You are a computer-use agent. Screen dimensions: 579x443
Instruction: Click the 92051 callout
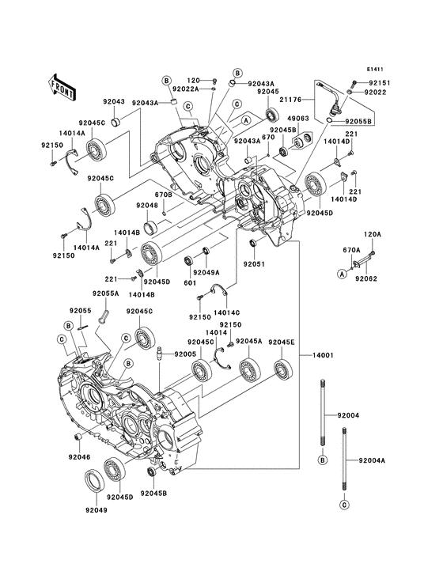[x=253, y=264]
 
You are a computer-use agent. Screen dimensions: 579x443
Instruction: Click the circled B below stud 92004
[x=323, y=460]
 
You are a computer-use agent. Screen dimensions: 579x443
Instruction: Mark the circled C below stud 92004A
[x=345, y=504]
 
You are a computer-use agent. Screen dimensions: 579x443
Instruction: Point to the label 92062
[x=365, y=278]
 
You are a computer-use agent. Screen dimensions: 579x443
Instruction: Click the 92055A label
[x=105, y=293]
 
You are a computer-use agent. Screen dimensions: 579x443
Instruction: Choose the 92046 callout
[x=78, y=457]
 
